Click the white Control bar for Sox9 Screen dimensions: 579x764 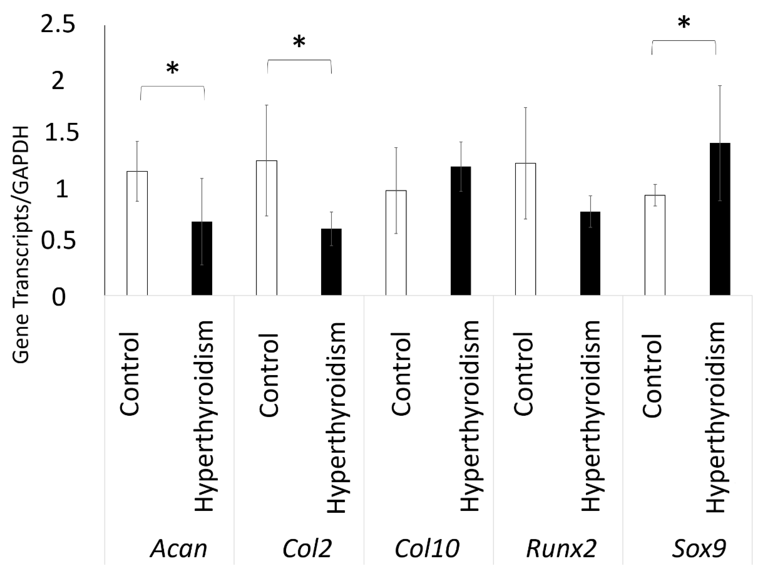[x=655, y=245]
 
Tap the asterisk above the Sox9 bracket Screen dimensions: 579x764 [x=684, y=23]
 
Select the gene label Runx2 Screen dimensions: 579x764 [x=561, y=548]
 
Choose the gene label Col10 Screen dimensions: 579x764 [x=427, y=548]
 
